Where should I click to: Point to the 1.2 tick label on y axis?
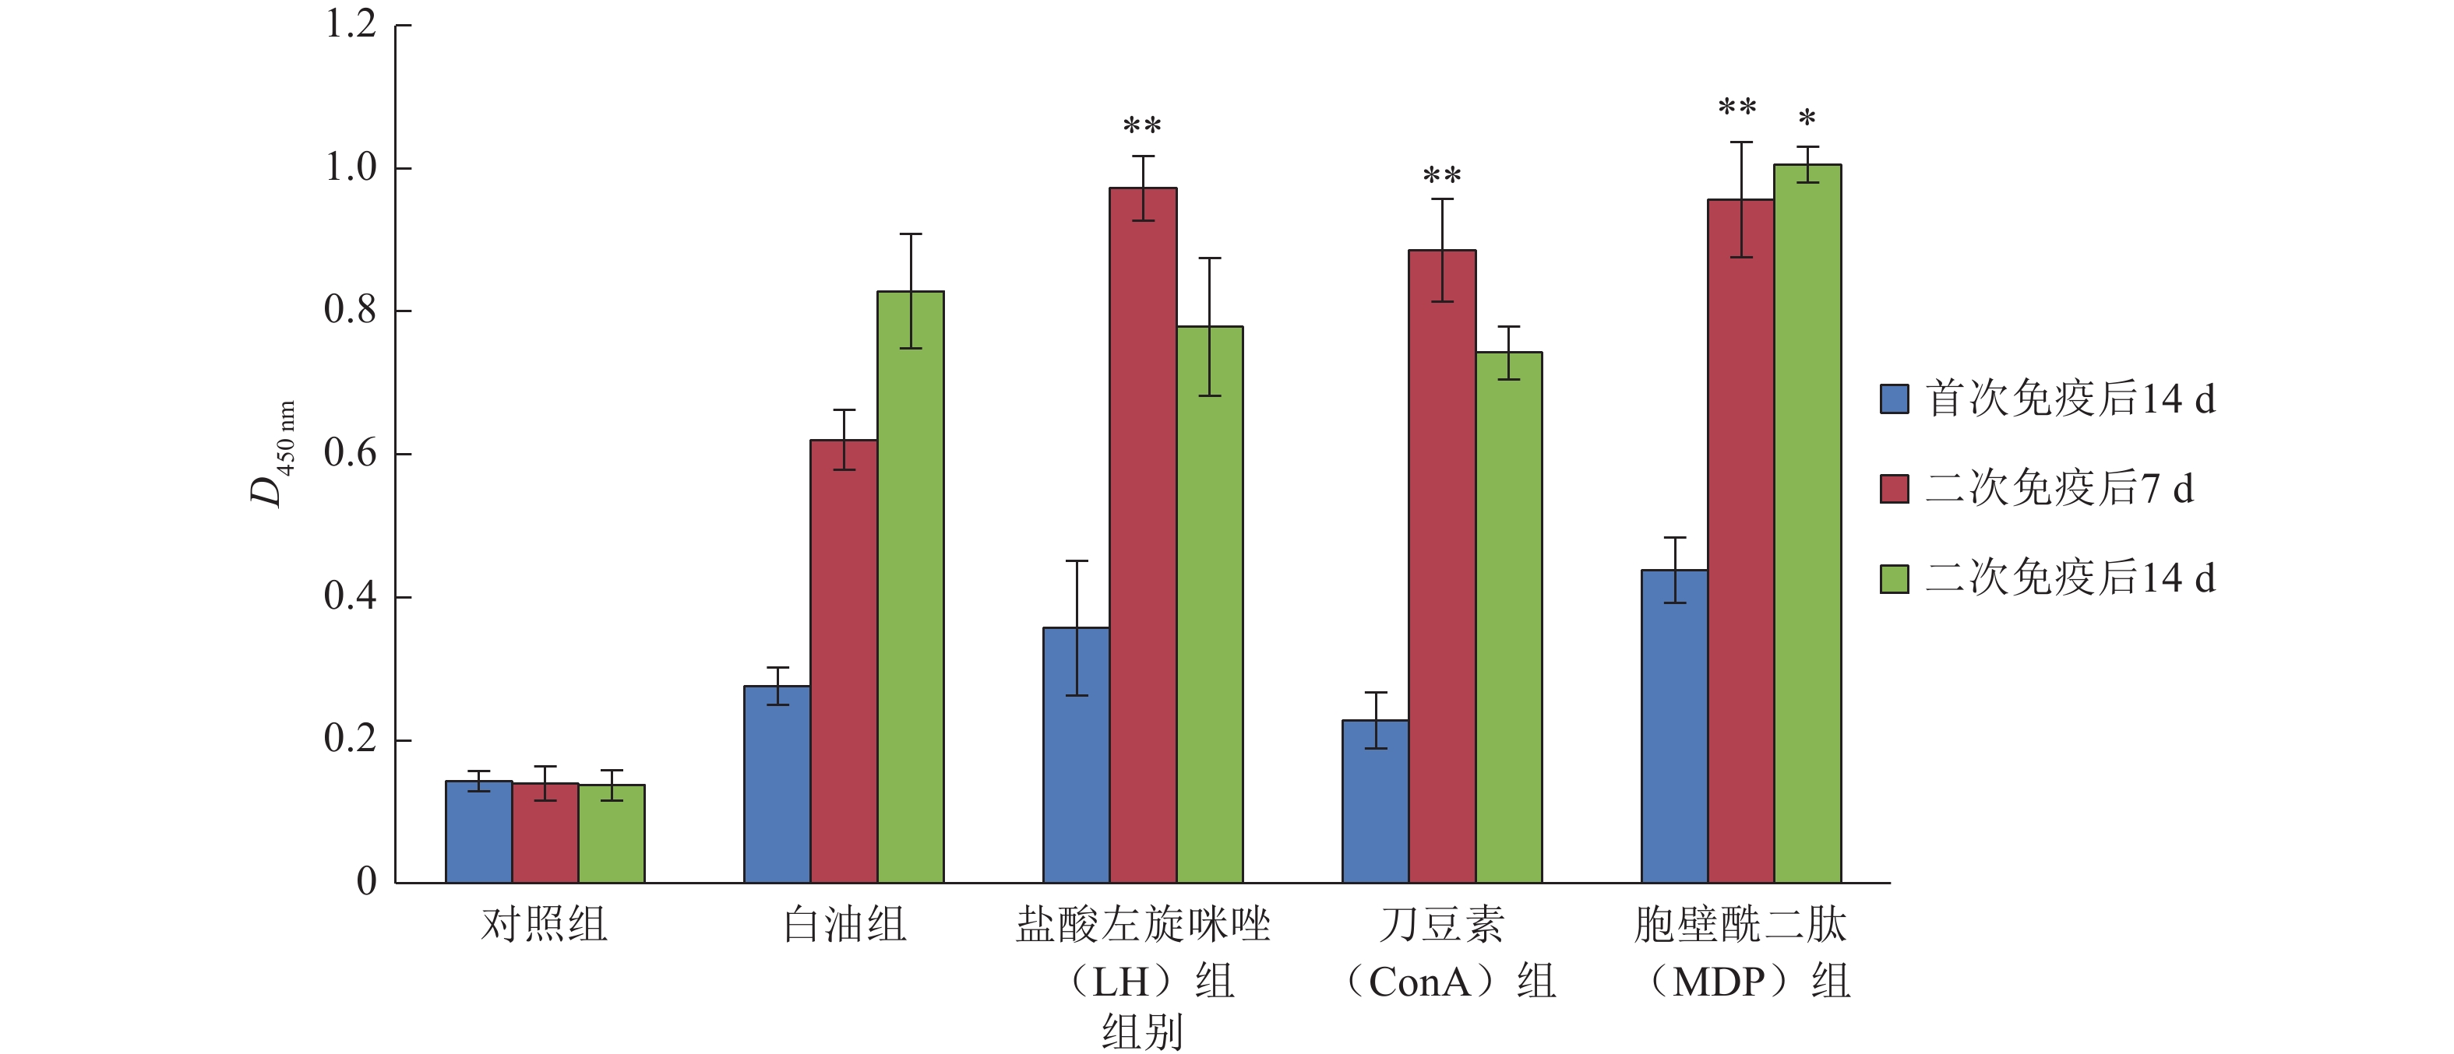click(x=351, y=25)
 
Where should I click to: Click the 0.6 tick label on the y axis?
click(x=351, y=453)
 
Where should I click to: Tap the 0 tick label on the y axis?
click(x=367, y=882)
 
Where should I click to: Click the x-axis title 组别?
click(x=1142, y=1032)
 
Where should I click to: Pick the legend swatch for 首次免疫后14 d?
click(x=1894, y=399)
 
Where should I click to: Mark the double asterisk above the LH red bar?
click(x=1141, y=125)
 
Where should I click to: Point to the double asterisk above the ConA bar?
click(x=1441, y=175)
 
